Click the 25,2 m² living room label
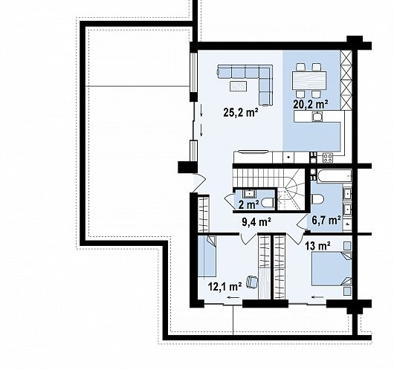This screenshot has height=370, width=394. (x=241, y=112)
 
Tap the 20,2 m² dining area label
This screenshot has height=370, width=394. (x=310, y=104)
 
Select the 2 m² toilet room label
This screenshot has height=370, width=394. (x=249, y=205)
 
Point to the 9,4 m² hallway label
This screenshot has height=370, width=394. (x=256, y=222)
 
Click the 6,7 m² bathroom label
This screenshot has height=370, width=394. (x=326, y=221)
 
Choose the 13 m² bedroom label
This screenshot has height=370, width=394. (x=317, y=245)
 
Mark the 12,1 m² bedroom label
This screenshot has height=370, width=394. (x=225, y=286)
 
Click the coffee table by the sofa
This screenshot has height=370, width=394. (x=238, y=86)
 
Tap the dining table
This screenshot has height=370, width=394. (x=309, y=80)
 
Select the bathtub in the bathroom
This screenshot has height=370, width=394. (x=335, y=176)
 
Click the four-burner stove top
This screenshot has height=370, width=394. (x=328, y=158)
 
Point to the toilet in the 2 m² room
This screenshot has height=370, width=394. (x=268, y=202)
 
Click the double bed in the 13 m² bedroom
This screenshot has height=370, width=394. (x=332, y=269)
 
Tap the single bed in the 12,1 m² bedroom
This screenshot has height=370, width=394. (x=207, y=256)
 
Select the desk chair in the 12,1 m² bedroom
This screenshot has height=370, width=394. (x=252, y=282)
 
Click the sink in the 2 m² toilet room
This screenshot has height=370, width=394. (x=249, y=193)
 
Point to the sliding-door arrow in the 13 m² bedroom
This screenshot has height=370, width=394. (x=317, y=297)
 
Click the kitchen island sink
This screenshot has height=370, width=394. (x=317, y=117)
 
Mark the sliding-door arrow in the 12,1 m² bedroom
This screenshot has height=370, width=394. (x=233, y=297)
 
